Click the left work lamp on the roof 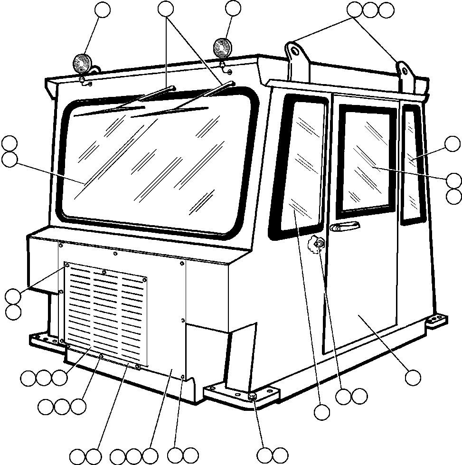pyautogui.click(x=81, y=64)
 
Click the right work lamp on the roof pyautogui.click(x=221, y=47)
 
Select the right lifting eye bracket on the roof pyautogui.click(x=404, y=74)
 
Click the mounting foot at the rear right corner pyautogui.click(x=435, y=319)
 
